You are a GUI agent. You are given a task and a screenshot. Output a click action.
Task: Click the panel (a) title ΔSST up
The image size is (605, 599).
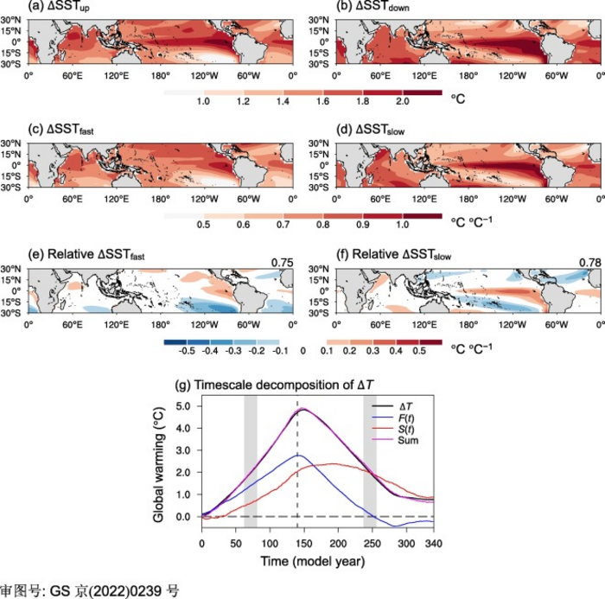59,7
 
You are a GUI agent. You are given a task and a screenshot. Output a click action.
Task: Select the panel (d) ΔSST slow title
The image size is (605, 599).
371,130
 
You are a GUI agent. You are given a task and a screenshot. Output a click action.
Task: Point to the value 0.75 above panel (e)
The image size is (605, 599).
282,263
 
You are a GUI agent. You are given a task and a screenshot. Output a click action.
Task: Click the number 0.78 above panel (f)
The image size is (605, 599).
590,263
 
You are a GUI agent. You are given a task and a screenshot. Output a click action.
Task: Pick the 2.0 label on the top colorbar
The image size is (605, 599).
403,101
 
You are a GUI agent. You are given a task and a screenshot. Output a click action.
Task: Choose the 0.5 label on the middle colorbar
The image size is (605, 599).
203,225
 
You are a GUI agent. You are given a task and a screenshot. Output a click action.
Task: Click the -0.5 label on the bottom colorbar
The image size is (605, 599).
187,351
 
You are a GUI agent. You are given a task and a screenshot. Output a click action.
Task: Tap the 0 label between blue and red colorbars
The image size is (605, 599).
302,351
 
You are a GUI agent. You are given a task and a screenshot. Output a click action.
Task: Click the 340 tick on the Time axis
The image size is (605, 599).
434,544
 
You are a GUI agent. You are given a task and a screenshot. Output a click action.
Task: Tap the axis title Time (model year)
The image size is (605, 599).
313,561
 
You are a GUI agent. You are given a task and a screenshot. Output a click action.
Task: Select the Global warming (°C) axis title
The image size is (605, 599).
159,465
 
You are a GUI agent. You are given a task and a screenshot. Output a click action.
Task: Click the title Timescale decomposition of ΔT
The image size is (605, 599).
274,386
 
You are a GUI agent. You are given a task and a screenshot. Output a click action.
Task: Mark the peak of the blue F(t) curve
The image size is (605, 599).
298,455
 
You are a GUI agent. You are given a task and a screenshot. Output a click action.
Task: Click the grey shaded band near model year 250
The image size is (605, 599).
370,462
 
